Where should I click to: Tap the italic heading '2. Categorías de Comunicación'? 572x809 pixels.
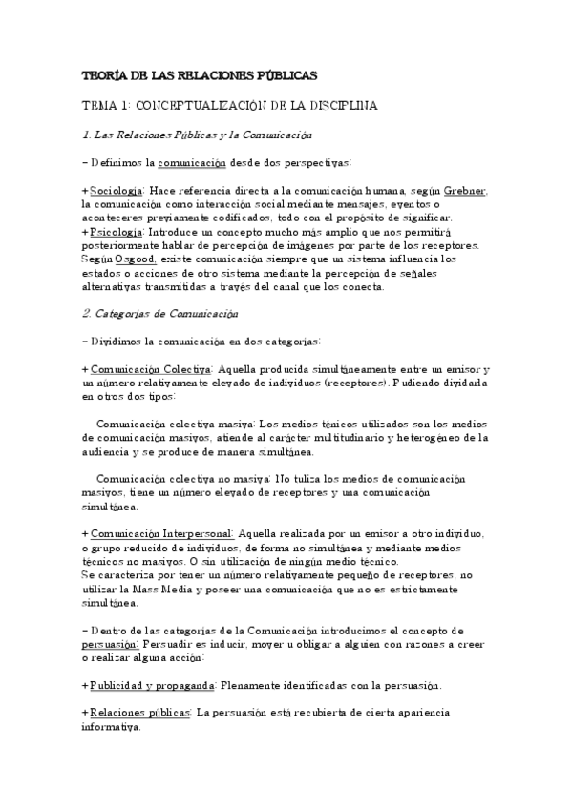[163, 313]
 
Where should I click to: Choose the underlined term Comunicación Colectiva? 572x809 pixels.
[151, 369]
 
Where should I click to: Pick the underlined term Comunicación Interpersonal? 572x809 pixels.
[161, 535]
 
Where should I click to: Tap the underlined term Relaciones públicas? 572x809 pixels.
[142, 713]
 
